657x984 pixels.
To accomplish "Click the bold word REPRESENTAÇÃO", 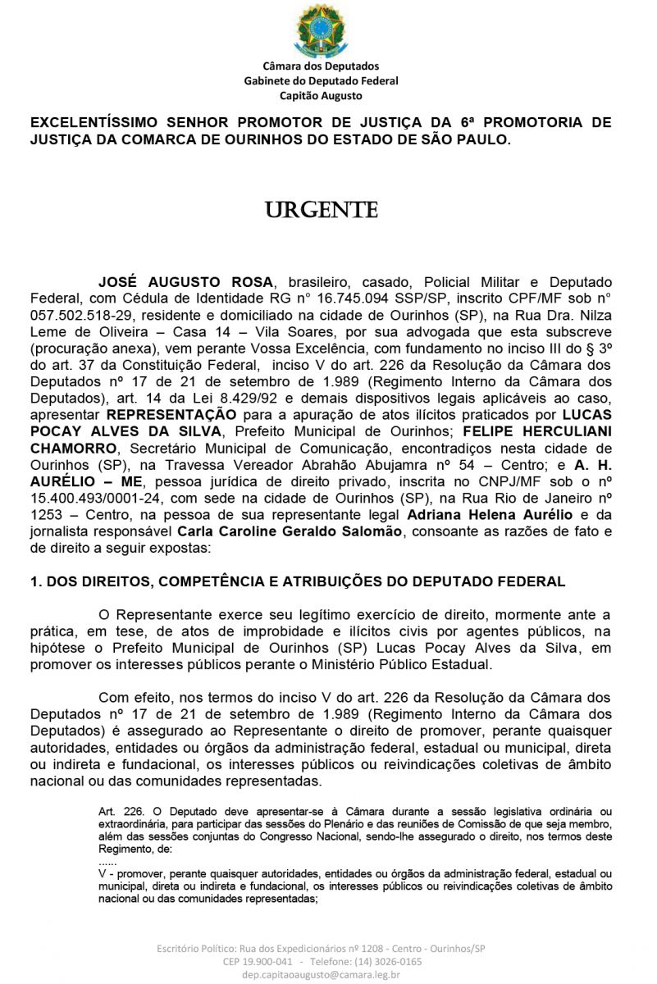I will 168,415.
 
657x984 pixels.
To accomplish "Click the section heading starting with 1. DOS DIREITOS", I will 298,581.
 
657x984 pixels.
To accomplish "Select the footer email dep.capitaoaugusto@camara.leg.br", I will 321,975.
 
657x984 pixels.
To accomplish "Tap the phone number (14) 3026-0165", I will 389,962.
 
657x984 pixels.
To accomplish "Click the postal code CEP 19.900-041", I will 258,962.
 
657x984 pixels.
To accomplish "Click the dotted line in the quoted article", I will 107,863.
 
